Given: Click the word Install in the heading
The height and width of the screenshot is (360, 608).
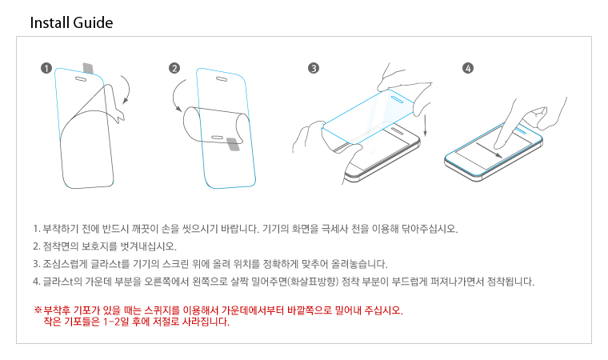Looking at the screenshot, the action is pyautogui.click(x=50, y=22).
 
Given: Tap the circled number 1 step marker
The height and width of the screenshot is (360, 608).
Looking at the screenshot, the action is pyautogui.click(x=46, y=68).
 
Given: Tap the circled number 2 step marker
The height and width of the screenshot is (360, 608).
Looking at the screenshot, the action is pyautogui.click(x=174, y=68).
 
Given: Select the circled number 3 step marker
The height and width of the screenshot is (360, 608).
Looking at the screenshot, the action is pyautogui.click(x=314, y=68).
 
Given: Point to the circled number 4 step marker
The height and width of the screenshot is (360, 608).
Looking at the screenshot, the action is pyautogui.click(x=468, y=68).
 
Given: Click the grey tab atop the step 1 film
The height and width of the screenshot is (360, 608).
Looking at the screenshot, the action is pyautogui.click(x=89, y=68).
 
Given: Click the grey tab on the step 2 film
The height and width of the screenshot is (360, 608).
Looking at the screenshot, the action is pyautogui.click(x=233, y=144).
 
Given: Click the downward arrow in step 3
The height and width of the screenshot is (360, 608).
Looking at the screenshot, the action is pyautogui.click(x=426, y=125).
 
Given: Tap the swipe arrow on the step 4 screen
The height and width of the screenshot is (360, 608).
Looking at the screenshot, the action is pyautogui.click(x=490, y=150).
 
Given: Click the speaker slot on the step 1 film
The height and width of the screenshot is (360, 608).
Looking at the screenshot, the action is pyautogui.click(x=81, y=79).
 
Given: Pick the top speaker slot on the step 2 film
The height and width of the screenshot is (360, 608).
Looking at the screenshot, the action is pyautogui.click(x=222, y=79).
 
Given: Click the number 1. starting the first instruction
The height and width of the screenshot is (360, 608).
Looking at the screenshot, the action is pyautogui.click(x=37, y=229).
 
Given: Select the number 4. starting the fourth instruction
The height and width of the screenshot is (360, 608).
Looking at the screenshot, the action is pyautogui.click(x=37, y=282).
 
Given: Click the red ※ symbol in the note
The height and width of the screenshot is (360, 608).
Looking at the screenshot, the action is pyautogui.click(x=38, y=310).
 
